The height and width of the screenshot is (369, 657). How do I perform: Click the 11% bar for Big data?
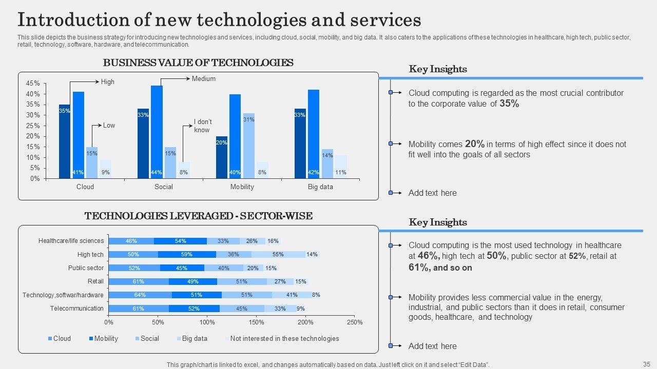(341, 167)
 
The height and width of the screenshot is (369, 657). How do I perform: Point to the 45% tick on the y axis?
(33, 84)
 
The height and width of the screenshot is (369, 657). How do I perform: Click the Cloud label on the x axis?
(85, 187)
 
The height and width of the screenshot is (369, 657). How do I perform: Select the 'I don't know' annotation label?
(202, 126)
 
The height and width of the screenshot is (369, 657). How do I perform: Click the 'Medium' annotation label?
(204, 79)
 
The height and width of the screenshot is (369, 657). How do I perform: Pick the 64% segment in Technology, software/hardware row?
(140, 295)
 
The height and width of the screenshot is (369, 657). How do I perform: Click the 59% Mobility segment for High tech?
(187, 254)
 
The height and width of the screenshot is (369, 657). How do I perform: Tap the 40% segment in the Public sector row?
(224, 268)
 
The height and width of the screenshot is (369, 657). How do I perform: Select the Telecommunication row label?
(77, 309)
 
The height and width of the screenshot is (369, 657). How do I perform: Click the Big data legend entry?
(195, 339)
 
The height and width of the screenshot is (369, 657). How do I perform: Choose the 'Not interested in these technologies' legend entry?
(284, 339)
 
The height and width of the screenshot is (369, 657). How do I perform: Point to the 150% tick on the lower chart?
(256, 322)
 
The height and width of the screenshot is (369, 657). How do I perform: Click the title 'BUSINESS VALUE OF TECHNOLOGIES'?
(198, 63)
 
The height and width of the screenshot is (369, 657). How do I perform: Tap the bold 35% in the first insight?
(509, 104)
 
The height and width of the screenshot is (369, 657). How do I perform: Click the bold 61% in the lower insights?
(419, 268)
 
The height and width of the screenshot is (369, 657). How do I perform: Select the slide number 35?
(646, 364)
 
